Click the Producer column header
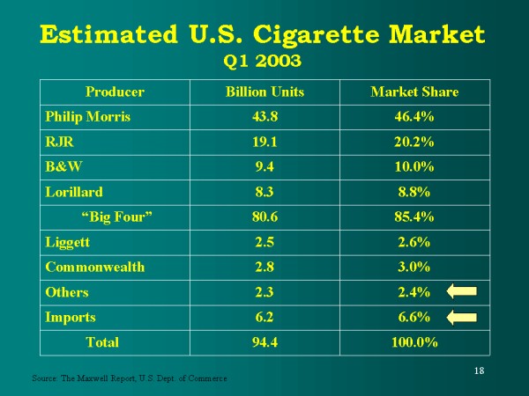coord(115,92)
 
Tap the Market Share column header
coord(414,92)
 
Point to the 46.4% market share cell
coord(414,116)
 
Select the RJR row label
coord(58,142)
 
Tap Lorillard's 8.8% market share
coord(414,192)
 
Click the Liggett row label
coord(66,242)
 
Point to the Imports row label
coord(70,317)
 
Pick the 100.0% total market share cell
coord(414,341)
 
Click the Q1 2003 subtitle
coord(264,61)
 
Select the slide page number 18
coord(479,370)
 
